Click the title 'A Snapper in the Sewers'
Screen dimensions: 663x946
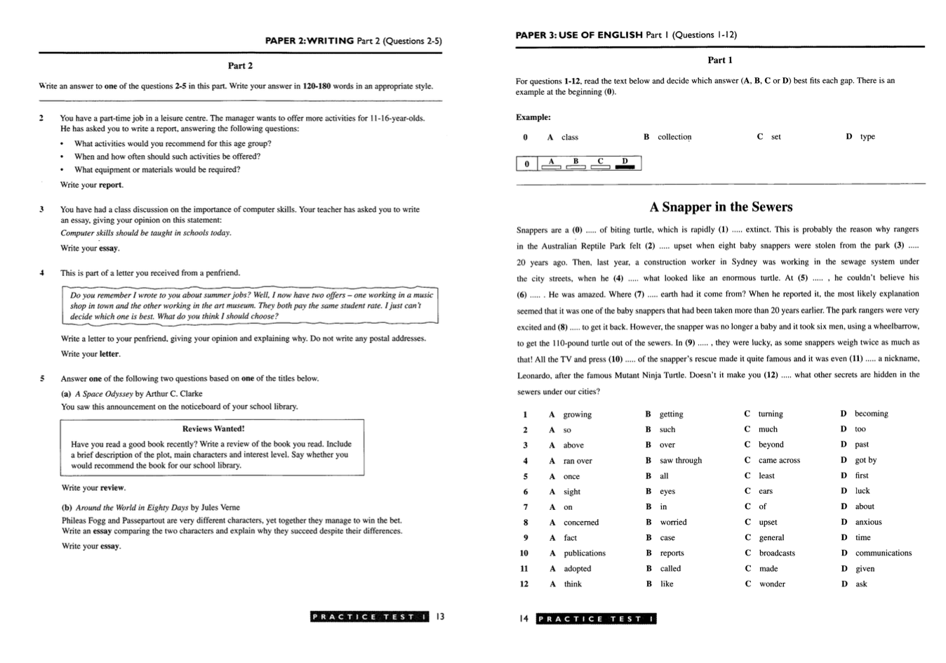point(721,207)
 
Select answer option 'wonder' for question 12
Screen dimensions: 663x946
point(772,584)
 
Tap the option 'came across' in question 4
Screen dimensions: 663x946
point(779,461)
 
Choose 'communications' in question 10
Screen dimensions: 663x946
point(883,553)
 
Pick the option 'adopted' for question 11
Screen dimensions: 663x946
point(577,569)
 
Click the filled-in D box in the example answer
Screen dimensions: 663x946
point(625,166)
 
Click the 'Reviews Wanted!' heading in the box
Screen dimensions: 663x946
point(213,428)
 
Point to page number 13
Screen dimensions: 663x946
point(440,617)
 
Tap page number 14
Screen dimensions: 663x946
point(524,619)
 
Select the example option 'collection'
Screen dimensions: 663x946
point(674,137)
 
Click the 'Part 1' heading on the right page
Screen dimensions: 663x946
point(719,60)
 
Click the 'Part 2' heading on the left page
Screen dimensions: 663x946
point(240,66)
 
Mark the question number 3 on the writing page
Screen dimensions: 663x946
point(41,209)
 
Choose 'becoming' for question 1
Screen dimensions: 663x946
point(871,414)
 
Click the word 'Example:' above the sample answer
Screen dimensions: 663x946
point(533,117)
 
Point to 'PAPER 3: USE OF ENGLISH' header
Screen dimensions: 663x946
point(579,34)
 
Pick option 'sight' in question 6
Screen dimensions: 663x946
point(571,492)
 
